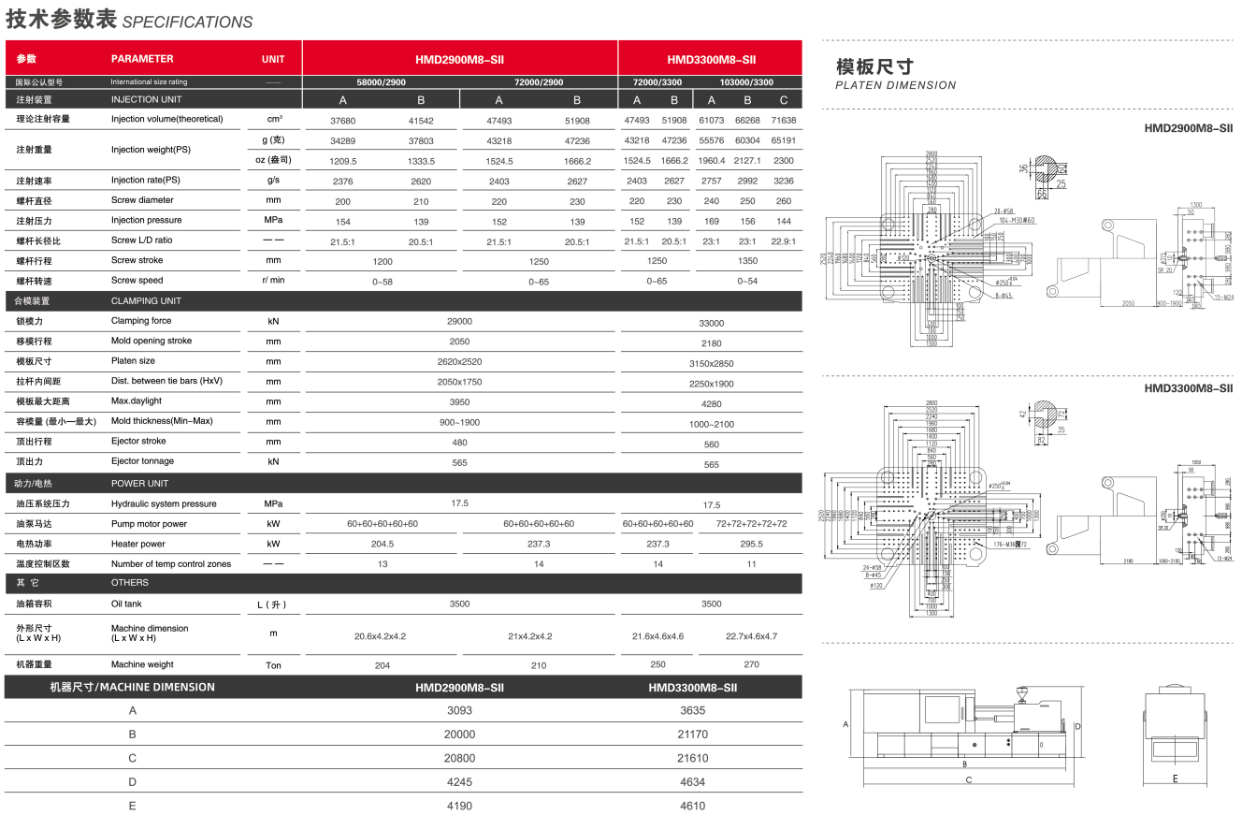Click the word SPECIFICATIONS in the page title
[x=187, y=22]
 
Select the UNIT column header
[x=273, y=59]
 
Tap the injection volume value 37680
[x=343, y=121]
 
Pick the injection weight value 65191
[x=784, y=140]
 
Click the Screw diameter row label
[x=142, y=200]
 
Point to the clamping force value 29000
[x=459, y=321]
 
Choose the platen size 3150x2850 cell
[x=711, y=363]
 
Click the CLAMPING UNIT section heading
[x=146, y=301]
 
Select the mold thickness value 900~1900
[x=459, y=422]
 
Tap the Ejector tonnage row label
[x=142, y=461]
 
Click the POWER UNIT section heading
[x=139, y=484]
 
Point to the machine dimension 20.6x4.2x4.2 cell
[x=380, y=636]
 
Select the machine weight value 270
[x=751, y=665]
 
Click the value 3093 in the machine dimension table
[x=459, y=710]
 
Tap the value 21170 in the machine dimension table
[x=692, y=735]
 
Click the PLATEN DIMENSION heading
[x=896, y=85]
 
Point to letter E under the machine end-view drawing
[x=1175, y=778]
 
